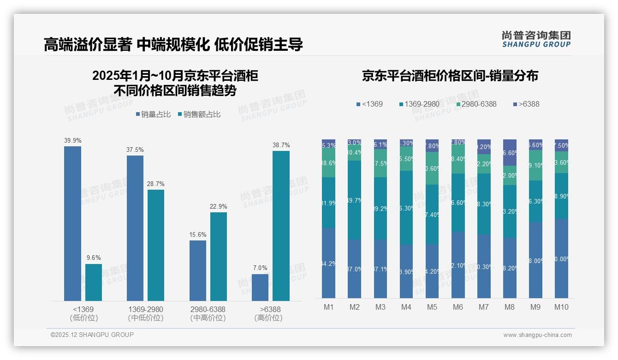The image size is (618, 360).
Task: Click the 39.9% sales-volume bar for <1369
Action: [x=72, y=223]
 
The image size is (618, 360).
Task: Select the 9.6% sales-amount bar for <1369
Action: [x=94, y=282]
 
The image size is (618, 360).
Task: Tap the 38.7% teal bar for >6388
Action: [x=281, y=226]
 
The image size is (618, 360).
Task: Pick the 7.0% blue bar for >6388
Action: [x=260, y=287]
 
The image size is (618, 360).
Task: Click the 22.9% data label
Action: [x=218, y=206]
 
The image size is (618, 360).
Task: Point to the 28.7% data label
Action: [x=156, y=184]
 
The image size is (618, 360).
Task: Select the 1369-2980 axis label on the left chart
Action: [x=146, y=309]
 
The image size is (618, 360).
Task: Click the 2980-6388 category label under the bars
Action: [x=208, y=309]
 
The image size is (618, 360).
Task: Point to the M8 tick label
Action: [x=510, y=307]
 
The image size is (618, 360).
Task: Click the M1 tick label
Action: [x=329, y=307]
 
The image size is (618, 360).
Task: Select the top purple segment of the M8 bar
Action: [x=510, y=152]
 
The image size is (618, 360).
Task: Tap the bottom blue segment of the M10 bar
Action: [x=561, y=258]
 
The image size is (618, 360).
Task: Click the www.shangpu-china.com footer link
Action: [x=537, y=335]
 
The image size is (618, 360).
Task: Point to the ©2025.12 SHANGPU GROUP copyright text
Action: [x=92, y=335]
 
